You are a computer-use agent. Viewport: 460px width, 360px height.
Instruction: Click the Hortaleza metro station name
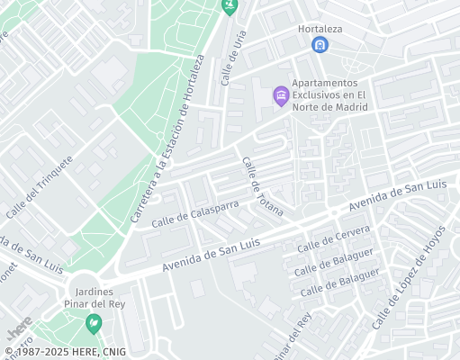[321, 28]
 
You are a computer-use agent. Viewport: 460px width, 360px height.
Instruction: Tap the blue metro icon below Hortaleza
[319, 44]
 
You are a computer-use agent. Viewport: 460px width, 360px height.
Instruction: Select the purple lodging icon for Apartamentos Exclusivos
[281, 94]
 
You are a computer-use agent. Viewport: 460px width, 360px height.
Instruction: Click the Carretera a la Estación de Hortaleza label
[168, 139]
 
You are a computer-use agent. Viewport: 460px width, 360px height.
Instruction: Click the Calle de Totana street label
[262, 187]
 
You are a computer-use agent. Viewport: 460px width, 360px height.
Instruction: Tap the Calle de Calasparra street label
[195, 214]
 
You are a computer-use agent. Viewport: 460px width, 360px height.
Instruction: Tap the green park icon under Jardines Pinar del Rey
[93, 320]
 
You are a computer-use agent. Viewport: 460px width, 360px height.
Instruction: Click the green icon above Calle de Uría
[230, 4]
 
